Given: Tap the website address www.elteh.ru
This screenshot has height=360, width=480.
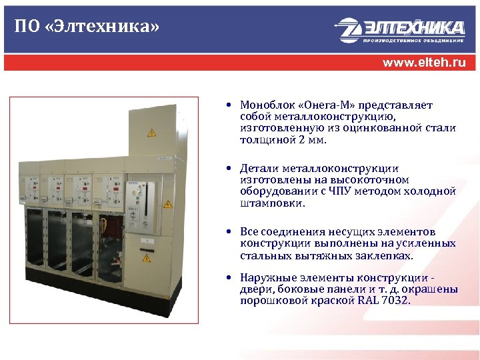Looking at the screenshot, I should [423, 63].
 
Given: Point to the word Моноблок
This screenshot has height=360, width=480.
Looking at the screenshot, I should [265, 105].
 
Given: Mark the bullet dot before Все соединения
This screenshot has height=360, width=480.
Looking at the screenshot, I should [228, 231].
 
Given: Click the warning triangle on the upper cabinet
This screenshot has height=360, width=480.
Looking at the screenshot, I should [151, 133].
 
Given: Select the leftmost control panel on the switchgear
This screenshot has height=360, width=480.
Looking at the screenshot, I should [31, 187].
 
